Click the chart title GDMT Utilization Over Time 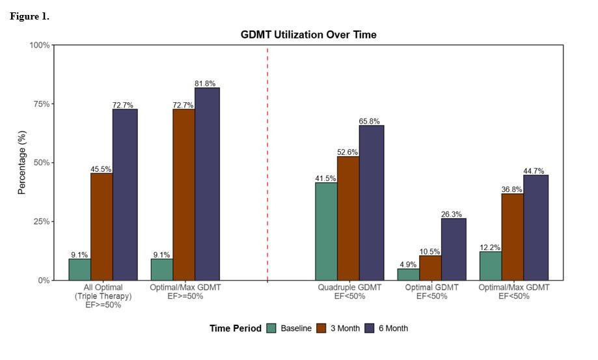308,35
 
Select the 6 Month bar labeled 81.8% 207,184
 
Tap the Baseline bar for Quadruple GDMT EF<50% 326,231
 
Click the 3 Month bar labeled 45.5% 101,227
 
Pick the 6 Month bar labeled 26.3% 454,249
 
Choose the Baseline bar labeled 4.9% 408,274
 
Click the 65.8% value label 372,121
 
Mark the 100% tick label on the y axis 39,45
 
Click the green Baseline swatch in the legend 271,328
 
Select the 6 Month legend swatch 370,328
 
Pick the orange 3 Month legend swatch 321,328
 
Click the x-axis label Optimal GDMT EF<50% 432,291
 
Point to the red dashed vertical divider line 267,163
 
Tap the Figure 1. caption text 29,16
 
